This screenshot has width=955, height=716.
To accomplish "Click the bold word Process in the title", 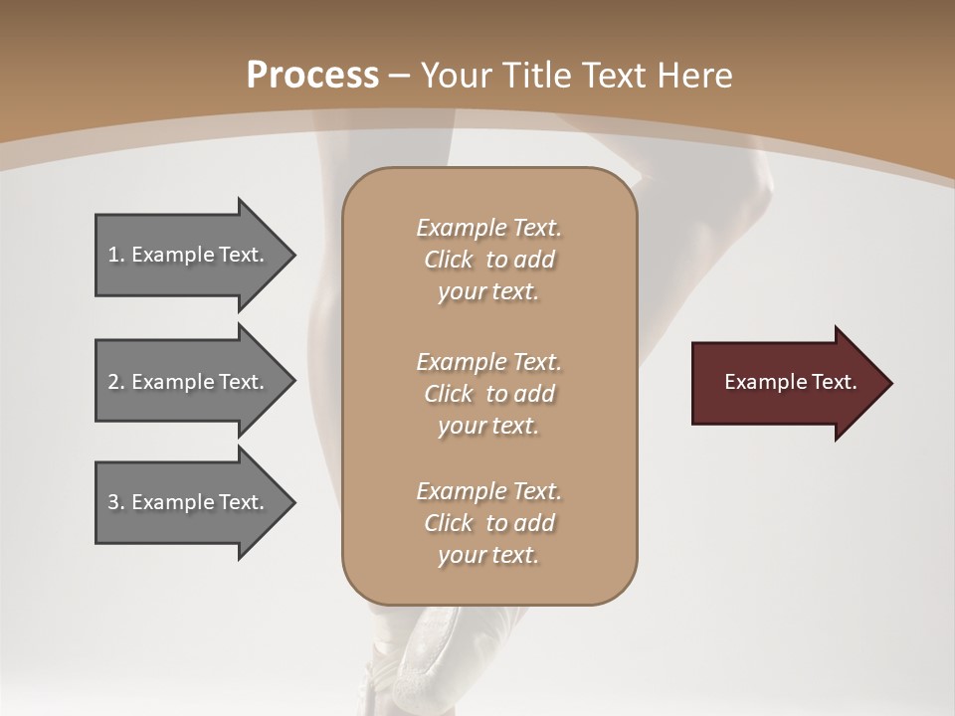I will pyautogui.click(x=312, y=75).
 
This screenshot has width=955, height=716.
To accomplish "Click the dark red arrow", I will pyautogui.click(x=786, y=383).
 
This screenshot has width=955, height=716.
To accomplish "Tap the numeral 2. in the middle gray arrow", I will pyautogui.click(x=115, y=382).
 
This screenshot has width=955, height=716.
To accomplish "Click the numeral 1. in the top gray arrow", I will pyautogui.click(x=115, y=255).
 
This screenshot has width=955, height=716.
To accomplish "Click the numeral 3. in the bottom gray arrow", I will pyautogui.click(x=115, y=502).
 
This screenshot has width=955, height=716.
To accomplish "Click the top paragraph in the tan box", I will pyautogui.click(x=488, y=260).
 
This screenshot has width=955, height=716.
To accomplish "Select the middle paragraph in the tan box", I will pyautogui.click(x=488, y=394).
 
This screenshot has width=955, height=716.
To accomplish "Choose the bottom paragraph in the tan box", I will pyautogui.click(x=488, y=523).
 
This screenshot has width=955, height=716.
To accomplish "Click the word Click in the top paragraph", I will pyautogui.click(x=449, y=260).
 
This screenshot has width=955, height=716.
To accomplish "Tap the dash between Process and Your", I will pyautogui.click(x=400, y=76).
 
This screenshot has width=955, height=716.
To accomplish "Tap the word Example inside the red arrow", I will pyautogui.click(x=759, y=382).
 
